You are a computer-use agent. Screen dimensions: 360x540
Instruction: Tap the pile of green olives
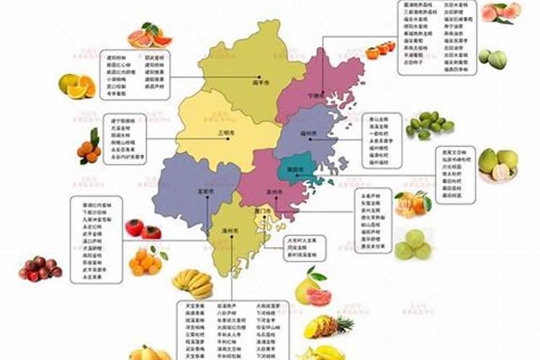tap(428, 124)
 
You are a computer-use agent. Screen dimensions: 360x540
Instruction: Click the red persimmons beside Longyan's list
tap(142, 229)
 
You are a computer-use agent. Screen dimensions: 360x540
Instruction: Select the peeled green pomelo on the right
tap(498, 166)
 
